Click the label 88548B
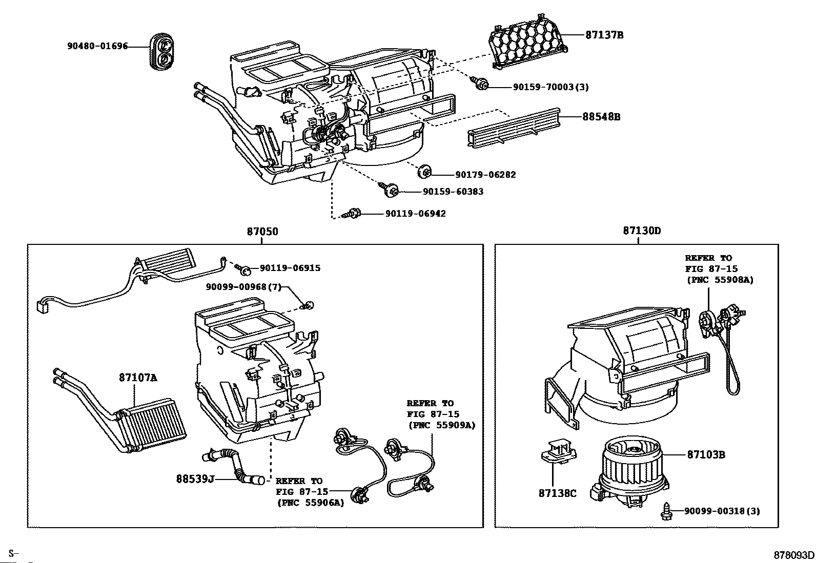(601, 117)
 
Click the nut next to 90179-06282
(424, 172)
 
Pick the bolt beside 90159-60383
(390, 190)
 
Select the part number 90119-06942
(415, 213)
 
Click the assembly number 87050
(262, 232)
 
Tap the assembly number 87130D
(642, 231)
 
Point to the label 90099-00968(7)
(244, 287)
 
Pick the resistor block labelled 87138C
(559, 451)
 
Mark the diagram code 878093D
(794, 555)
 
